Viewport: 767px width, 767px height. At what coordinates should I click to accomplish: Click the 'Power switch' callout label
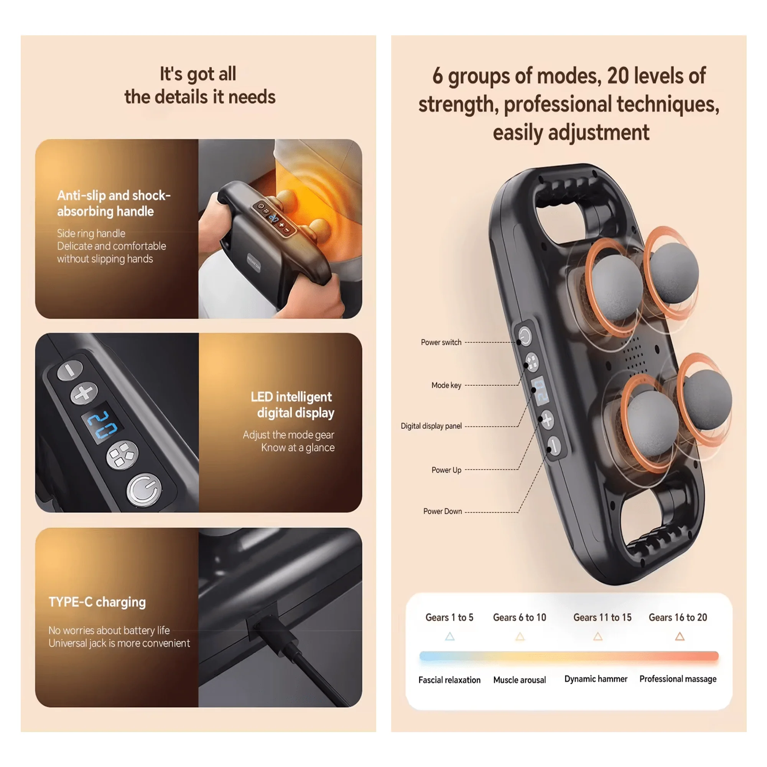click(x=441, y=342)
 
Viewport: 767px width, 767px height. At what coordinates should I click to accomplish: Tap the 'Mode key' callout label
click(x=446, y=385)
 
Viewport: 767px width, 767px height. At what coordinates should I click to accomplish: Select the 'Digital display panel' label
click(x=431, y=426)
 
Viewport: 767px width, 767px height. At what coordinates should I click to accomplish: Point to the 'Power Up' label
click(x=446, y=470)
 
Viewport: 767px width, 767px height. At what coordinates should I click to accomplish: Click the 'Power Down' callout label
click(x=442, y=511)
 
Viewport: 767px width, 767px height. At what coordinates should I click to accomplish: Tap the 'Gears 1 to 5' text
click(x=449, y=617)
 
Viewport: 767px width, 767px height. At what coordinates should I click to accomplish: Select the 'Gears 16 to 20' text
click(x=678, y=617)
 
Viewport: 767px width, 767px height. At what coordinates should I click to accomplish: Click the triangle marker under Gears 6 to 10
click(x=520, y=637)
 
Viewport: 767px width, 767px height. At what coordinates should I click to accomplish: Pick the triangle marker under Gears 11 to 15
click(x=598, y=637)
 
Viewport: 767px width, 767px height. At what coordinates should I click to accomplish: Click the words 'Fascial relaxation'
click(x=449, y=680)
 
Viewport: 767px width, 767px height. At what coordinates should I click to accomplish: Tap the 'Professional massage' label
click(x=678, y=679)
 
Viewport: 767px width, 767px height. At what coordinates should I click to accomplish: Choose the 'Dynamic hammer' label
click(x=596, y=679)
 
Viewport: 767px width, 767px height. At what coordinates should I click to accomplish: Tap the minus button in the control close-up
click(x=70, y=370)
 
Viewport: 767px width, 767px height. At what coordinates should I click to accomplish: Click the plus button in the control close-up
click(x=84, y=393)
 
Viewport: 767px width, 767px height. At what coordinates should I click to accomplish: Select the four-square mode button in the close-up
click(x=122, y=455)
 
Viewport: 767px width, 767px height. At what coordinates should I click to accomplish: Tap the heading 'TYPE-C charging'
click(x=97, y=602)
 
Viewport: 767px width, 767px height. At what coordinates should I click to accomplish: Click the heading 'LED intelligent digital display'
click(x=292, y=405)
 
